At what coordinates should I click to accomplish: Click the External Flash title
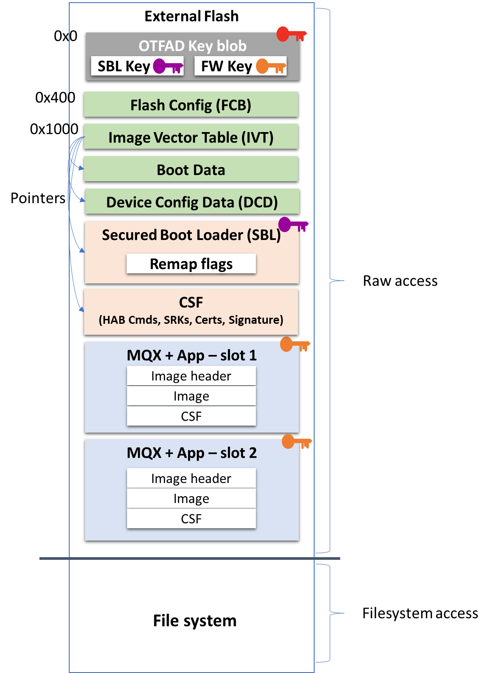click(191, 16)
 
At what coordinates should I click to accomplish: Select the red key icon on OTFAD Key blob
click(291, 34)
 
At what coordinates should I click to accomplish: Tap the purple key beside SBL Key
click(167, 67)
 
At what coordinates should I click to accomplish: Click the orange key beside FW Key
click(270, 67)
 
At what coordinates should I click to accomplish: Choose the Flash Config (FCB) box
click(191, 105)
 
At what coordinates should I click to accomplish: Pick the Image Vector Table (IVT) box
click(191, 137)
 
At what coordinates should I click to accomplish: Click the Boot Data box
click(191, 170)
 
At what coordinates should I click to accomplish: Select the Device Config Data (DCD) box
click(192, 202)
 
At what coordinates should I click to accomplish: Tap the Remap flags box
click(191, 264)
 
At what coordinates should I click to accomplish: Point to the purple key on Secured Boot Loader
click(292, 225)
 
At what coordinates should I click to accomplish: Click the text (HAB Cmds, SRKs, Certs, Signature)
click(191, 320)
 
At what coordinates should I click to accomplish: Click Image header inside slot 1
click(191, 376)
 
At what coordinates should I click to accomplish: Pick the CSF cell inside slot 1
click(191, 416)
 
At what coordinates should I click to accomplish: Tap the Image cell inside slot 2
click(191, 498)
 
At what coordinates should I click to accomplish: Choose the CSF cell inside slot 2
click(191, 519)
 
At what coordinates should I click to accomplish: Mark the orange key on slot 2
click(296, 442)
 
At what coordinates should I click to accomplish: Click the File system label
click(195, 621)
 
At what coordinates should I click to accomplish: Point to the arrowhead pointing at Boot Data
click(81, 168)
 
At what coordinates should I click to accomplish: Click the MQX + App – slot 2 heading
click(191, 453)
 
